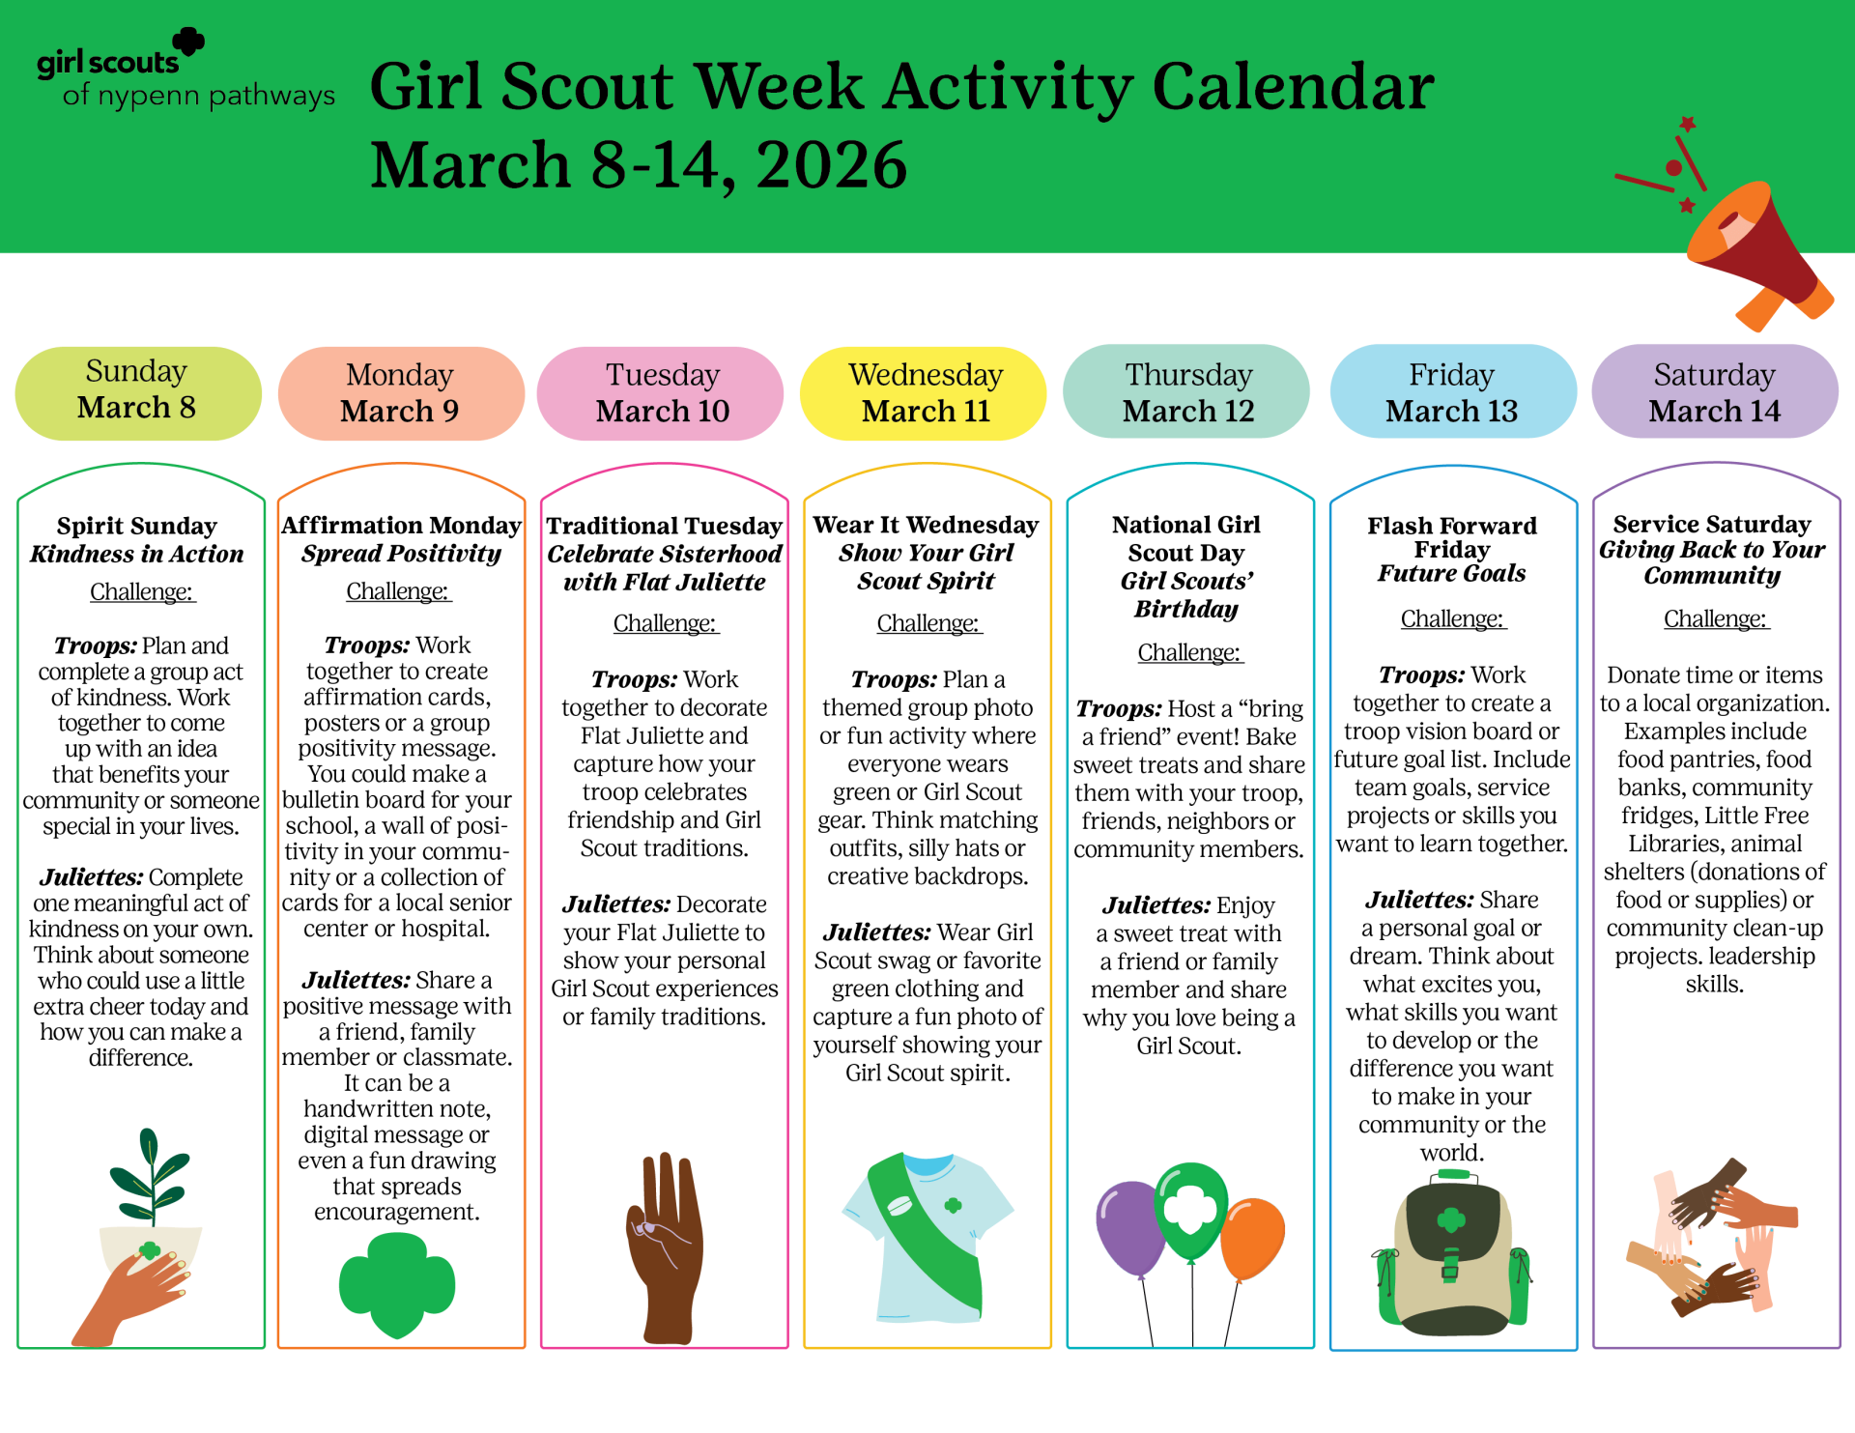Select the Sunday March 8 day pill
(x=138, y=392)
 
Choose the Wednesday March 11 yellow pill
(x=926, y=392)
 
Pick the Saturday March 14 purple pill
(x=1715, y=391)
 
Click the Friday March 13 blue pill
(x=1452, y=391)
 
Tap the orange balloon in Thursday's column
(x=1252, y=1239)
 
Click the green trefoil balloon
(x=1191, y=1211)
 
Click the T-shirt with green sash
(x=927, y=1237)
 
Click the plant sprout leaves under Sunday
(x=150, y=1174)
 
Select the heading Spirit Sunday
(x=137, y=526)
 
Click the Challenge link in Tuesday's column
(x=665, y=623)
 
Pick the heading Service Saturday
(x=1712, y=524)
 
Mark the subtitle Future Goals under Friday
(x=1451, y=573)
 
